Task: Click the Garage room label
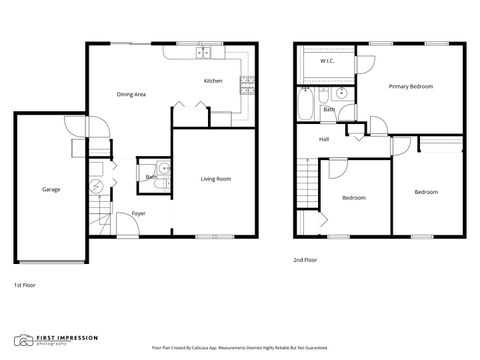coord(50,189)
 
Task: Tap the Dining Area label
coord(132,94)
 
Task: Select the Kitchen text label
coord(213,81)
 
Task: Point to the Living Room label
coord(216,179)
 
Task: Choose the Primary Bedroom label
coord(411,87)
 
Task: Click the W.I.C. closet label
coord(327,61)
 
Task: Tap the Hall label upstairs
coord(325,139)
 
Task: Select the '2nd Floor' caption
coord(305,260)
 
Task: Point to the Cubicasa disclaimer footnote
coord(239,347)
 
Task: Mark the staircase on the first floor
coord(98,214)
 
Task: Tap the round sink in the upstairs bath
coord(341,95)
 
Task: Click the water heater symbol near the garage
coord(97,186)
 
